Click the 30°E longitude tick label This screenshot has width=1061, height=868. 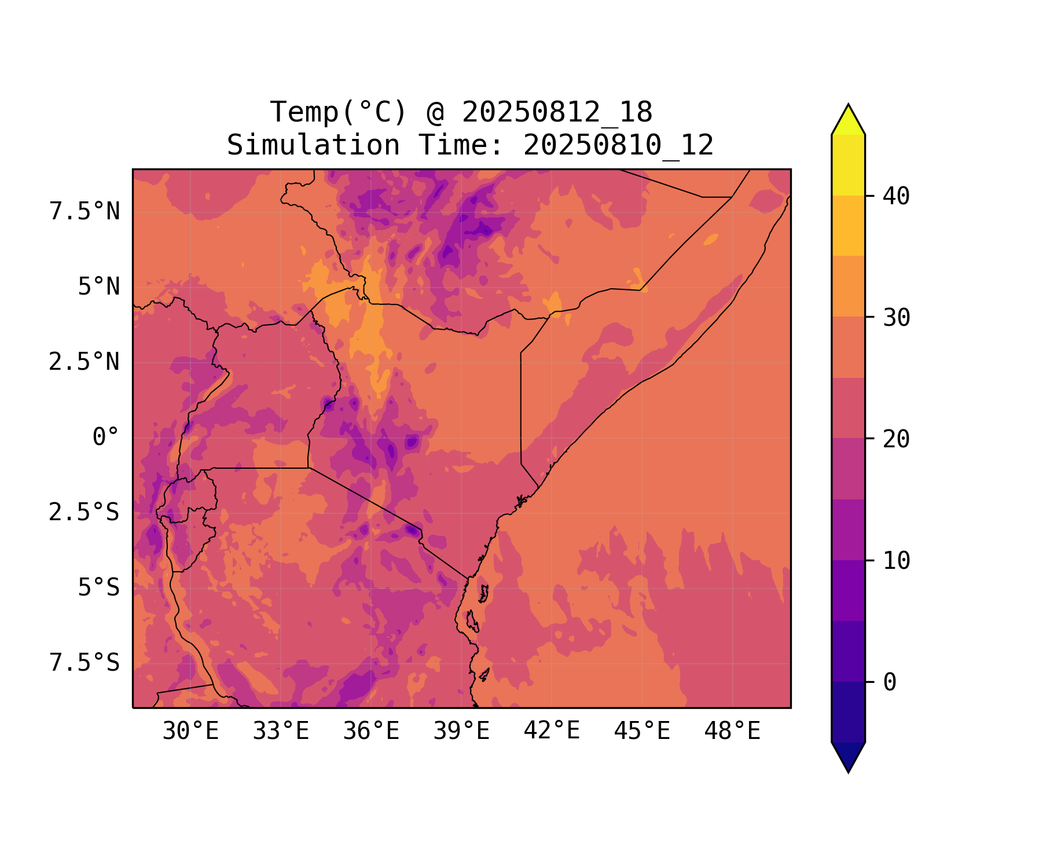[x=190, y=731]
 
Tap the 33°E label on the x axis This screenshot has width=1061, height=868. [x=281, y=731]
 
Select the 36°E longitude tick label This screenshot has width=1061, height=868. [x=371, y=731]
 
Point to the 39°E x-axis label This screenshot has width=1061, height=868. [x=461, y=731]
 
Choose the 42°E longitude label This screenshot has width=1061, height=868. [x=552, y=731]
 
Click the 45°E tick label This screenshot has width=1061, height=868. [x=642, y=731]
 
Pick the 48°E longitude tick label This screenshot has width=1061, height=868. [x=732, y=731]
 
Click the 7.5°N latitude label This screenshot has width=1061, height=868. [x=85, y=212]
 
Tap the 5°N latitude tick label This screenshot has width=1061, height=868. [x=99, y=287]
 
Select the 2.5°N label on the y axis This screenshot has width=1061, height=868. [x=85, y=362]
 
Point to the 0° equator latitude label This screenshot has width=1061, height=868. [x=106, y=437]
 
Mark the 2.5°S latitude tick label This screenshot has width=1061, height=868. [x=85, y=512]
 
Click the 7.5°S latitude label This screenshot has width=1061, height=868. [x=85, y=663]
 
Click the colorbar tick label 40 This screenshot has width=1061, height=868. [x=896, y=196]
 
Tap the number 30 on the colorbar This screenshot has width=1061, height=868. [x=896, y=318]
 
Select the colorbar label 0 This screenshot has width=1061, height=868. [x=890, y=682]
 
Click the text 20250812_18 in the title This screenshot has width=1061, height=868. [x=557, y=112]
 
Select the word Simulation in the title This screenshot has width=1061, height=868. [x=313, y=145]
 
